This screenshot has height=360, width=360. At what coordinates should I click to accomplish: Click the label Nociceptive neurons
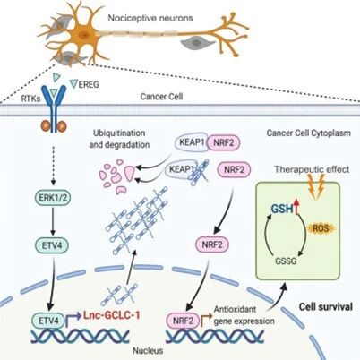click(150, 18)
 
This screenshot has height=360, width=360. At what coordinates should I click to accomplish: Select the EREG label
click(89, 84)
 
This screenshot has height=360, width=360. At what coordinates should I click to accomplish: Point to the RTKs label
click(30, 99)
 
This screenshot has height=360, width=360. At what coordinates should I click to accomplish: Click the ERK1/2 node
click(53, 197)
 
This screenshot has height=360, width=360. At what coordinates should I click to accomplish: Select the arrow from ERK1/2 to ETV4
click(53, 221)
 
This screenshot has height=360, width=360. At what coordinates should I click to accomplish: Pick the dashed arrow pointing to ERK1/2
click(53, 165)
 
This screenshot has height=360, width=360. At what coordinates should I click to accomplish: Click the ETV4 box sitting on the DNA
click(48, 321)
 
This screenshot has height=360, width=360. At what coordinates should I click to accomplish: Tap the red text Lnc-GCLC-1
click(111, 315)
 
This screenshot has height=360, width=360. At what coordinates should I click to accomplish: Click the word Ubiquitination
click(119, 133)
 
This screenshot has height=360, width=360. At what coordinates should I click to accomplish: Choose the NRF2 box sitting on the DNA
click(184, 321)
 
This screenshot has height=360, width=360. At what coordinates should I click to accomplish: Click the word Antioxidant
click(236, 309)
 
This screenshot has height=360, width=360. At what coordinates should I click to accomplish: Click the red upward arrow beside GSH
click(296, 207)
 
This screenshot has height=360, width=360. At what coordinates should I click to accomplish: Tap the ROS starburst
click(321, 228)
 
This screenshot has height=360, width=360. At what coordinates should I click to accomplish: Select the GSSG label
click(286, 261)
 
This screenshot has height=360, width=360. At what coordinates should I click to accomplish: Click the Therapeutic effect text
click(312, 169)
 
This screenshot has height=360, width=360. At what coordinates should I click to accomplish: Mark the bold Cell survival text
click(326, 307)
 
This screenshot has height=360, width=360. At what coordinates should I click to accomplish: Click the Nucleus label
click(148, 350)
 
